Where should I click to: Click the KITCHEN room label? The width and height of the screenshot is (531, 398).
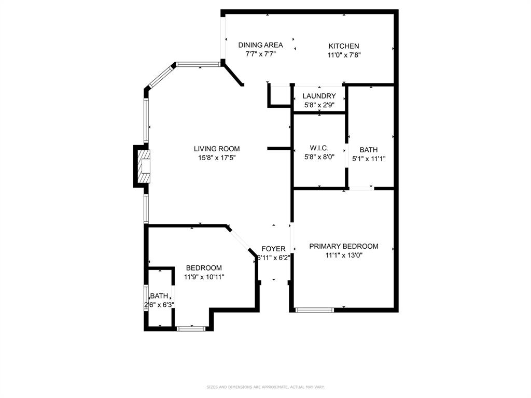pyautogui.click(x=343, y=46)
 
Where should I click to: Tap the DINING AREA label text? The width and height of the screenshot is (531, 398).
pyautogui.click(x=260, y=45)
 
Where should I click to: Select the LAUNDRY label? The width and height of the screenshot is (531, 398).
pyautogui.click(x=319, y=96)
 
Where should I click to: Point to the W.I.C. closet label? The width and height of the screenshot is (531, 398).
pyautogui.click(x=319, y=148)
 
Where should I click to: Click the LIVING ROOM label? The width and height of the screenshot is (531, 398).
pyautogui.click(x=217, y=149)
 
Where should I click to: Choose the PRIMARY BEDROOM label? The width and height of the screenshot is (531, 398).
pyautogui.click(x=343, y=246)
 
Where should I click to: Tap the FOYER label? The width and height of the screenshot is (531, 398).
pyautogui.click(x=273, y=249)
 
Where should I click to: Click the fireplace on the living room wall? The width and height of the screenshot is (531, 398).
pyautogui.click(x=144, y=167)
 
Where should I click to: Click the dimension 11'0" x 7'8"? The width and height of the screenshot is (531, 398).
pyautogui.click(x=343, y=55)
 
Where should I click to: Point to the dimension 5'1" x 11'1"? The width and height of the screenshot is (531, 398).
pyautogui.click(x=369, y=159)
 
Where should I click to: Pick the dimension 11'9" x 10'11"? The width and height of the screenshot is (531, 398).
pyautogui.click(x=204, y=277)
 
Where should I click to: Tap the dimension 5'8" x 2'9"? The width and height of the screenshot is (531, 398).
pyautogui.click(x=319, y=105)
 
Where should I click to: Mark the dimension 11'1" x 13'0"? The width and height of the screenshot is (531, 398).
pyautogui.click(x=343, y=255)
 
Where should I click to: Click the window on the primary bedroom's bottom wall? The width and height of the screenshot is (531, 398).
pyautogui.click(x=314, y=310)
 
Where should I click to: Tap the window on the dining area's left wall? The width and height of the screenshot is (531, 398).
pyautogui.click(x=223, y=39)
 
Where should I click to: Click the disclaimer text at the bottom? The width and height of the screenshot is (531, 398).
pyautogui.click(x=265, y=387)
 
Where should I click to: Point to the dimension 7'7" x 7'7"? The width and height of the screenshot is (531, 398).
pyautogui.click(x=260, y=53)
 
